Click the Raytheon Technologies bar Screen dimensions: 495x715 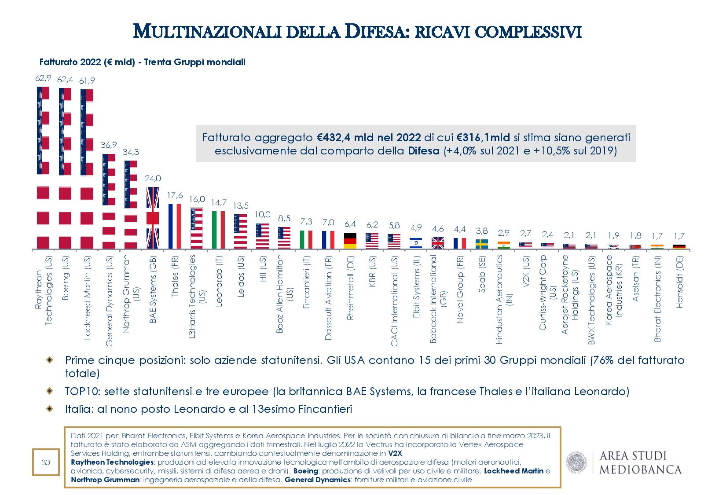point(43,168)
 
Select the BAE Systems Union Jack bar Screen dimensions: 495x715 point(153,218)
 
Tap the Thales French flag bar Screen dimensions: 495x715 point(175,226)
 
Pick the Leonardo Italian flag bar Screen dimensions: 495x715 point(219,230)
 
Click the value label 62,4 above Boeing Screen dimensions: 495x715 point(65,79)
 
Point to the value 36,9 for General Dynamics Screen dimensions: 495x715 point(109,145)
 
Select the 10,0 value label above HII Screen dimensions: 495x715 point(262,215)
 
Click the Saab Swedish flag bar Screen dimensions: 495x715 point(482,244)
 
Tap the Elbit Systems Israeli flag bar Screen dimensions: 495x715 point(416,243)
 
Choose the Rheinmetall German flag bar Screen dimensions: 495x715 point(350,241)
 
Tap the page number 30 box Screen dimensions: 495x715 point(46,462)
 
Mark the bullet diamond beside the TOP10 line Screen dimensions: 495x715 point(51,391)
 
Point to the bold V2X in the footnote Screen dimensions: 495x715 point(395,453)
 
